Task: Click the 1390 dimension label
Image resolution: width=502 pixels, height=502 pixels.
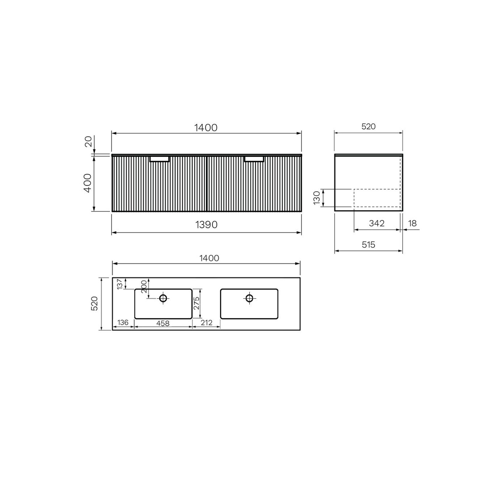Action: click(x=206, y=224)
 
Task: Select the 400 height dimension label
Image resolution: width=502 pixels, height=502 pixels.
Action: click(x=87, y=183)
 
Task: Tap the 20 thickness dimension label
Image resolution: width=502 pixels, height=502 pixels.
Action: click(x=88, y=142)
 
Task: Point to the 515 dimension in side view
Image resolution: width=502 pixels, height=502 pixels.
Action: click(x=368, y=245)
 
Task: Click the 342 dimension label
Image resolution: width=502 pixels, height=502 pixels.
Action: click(x=376, y=223)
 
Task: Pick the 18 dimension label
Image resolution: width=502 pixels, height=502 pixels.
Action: click(x=412, y=223)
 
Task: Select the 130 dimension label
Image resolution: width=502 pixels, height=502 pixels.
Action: click(x=317, y=198)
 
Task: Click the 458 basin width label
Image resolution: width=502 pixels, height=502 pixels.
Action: click(x=163, y=323)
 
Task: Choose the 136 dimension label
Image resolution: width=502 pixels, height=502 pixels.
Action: click(x=123, y=322)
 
